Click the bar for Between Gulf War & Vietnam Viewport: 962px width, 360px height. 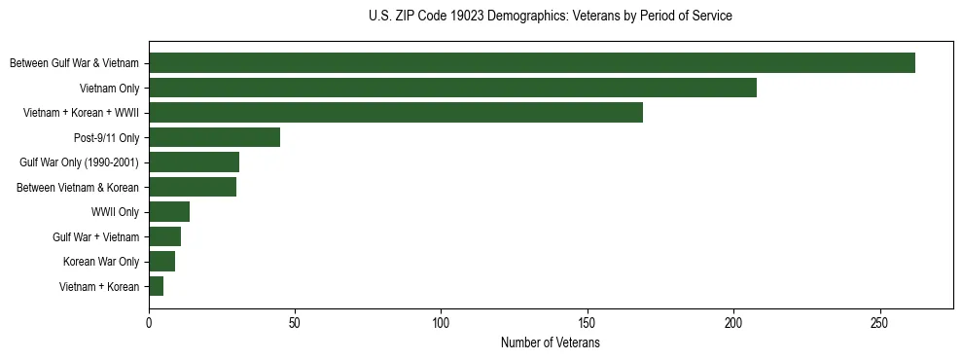click(x=532, y=63)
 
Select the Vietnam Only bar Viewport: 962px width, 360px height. click(x=452, y=88)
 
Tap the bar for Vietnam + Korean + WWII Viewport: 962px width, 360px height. click(x=396, y=113)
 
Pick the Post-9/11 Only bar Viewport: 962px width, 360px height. click(x=214, y=137)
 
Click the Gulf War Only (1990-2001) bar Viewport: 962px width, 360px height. click(x=194, y=162)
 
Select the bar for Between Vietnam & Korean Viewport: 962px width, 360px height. click(x=193, y=187)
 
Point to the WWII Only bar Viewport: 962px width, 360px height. click(x=169, y=212)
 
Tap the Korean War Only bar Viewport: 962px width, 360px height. click(x=161, y=262)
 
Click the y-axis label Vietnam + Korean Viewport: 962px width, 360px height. click(x=99, y=287)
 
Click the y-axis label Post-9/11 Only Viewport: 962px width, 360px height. click(x=107, y=138)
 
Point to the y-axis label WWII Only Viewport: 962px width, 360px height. click(x=115, y=212)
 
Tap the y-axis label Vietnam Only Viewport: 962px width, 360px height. click(x=110, y=89)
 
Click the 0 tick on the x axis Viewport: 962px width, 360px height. click(x=149, y=322)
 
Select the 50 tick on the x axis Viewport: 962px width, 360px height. click(x=295, y=322)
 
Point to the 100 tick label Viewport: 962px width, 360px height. click(x=441, y=322)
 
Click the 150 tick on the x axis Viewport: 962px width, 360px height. click(x=588, y=322)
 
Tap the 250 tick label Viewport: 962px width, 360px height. click(x=879, y=322)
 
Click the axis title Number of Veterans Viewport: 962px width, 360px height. click(x=550, y=343)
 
